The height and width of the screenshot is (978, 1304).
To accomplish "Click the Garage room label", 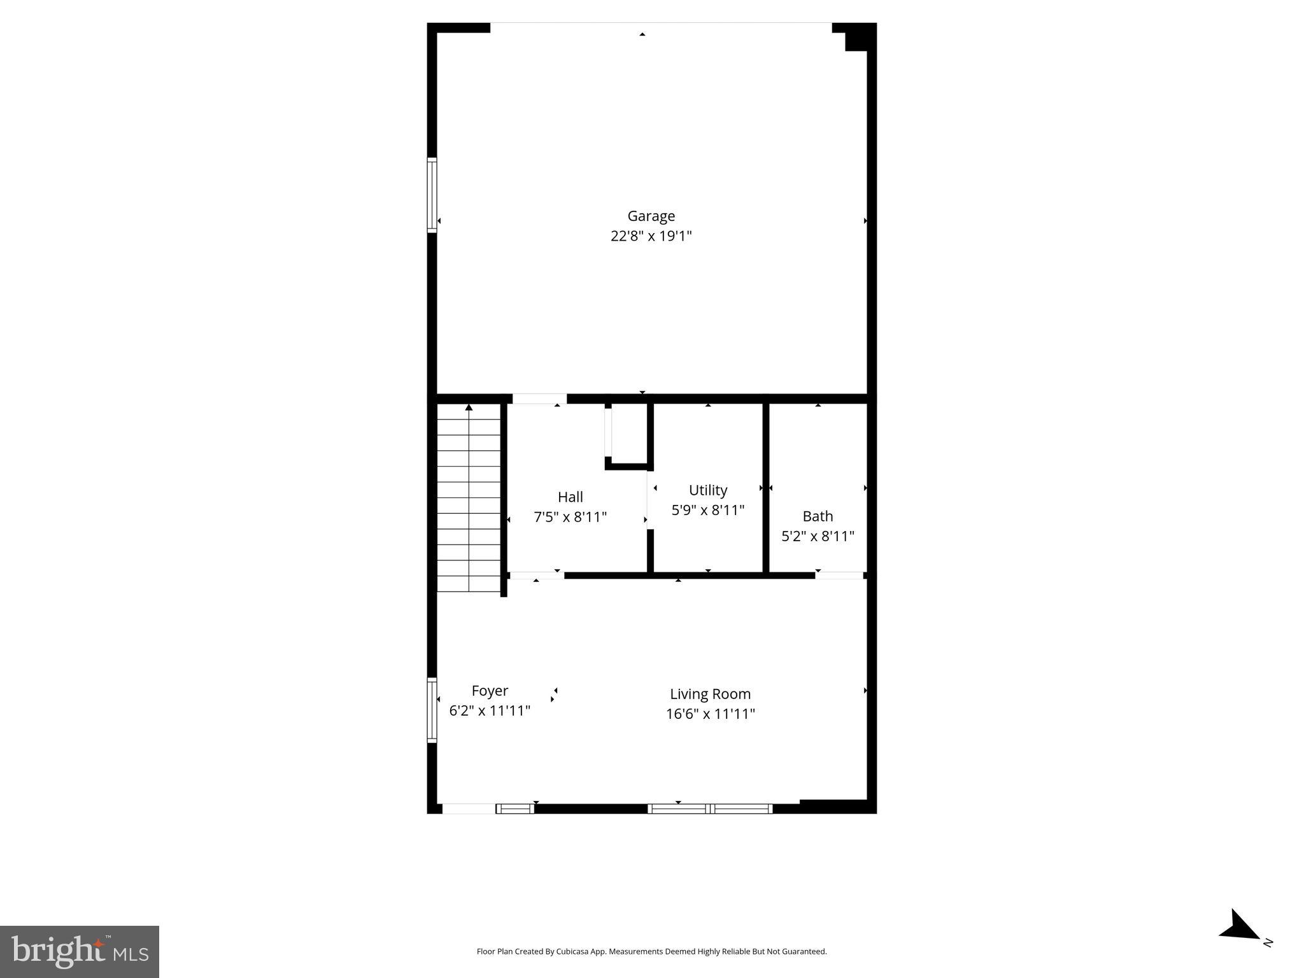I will [651, 216].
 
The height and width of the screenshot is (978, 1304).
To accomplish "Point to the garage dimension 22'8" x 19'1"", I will [651, 236].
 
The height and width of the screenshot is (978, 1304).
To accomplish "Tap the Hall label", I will [570, 497].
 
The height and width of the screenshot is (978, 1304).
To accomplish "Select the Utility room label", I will [707, 490].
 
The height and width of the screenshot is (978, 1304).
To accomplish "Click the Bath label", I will [818, 516].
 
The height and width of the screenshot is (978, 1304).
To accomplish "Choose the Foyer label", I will [490, 691].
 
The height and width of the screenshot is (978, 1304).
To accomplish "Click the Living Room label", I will [710, 694].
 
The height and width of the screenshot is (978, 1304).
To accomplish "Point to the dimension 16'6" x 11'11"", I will [710, 714].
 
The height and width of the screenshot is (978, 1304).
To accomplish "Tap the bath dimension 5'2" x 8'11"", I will [818, 536].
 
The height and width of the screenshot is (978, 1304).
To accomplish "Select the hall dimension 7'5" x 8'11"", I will [570, 517].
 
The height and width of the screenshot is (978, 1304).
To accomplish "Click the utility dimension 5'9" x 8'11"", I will [707, 510].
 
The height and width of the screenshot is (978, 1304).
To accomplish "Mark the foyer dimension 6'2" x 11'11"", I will [490, 711].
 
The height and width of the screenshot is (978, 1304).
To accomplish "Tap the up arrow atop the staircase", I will [469, 407].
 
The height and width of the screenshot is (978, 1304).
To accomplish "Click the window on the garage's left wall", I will [432, 195].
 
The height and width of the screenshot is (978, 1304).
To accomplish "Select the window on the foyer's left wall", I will [432, 710].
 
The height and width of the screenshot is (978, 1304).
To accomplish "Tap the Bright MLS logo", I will [80, 951].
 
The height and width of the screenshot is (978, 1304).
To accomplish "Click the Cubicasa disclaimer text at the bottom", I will [651, 952].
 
